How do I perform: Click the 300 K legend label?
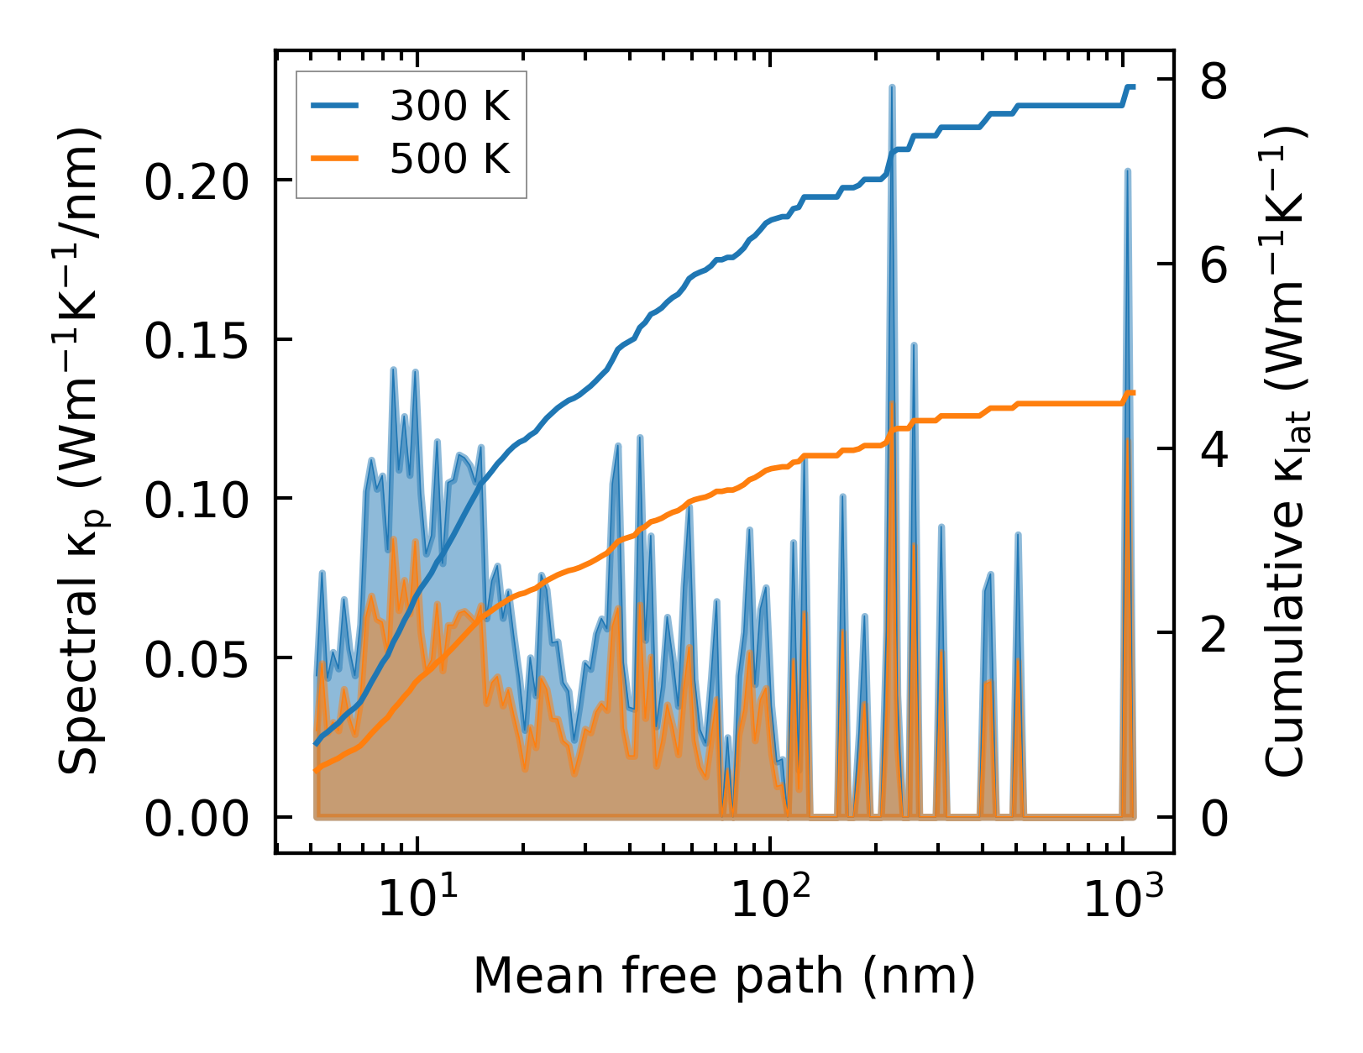450,106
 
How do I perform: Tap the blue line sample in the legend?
335,106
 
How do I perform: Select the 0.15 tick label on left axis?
186,340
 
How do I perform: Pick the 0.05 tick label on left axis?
186,658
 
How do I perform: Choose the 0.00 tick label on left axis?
186,817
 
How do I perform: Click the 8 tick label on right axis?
1214,81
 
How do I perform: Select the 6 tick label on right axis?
1214,265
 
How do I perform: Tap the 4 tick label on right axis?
1214,449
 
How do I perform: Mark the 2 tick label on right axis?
1214,633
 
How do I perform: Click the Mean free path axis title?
724,977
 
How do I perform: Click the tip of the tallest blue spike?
892,86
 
